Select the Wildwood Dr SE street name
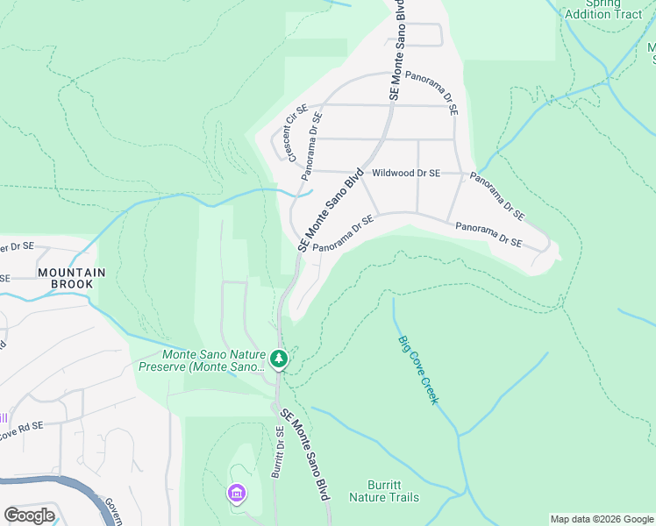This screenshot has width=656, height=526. point(404,174)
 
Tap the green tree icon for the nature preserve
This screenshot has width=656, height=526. point(279,358)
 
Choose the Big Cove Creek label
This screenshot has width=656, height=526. point(417,369)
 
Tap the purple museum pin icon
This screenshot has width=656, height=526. point(236,494)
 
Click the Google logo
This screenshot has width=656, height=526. point(29,515)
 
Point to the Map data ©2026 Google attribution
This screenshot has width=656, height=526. point(601,519)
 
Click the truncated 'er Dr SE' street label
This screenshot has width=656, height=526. point(17,247)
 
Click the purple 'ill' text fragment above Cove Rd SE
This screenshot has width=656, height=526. point(4,418)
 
